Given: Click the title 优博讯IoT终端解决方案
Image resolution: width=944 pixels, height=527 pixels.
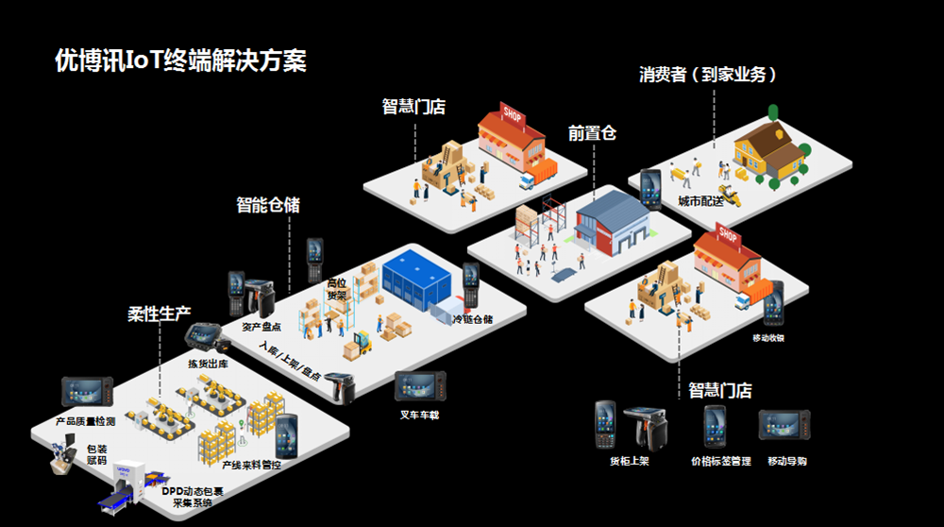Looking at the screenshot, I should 180,61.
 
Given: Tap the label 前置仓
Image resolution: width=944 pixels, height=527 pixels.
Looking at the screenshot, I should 592,133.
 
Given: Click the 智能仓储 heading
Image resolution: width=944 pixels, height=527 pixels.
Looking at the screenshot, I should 267,204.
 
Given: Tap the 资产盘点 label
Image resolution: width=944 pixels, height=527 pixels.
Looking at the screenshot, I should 259,327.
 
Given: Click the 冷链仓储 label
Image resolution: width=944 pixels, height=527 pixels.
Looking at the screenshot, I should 472,319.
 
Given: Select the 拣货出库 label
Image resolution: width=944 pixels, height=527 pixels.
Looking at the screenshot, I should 206,364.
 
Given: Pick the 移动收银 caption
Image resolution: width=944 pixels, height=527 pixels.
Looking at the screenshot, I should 767,338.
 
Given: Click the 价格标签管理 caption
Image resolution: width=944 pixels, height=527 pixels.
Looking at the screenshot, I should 720,462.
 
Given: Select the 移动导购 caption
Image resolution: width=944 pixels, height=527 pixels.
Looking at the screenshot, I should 787,462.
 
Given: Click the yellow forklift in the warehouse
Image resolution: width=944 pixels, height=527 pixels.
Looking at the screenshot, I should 360,340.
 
